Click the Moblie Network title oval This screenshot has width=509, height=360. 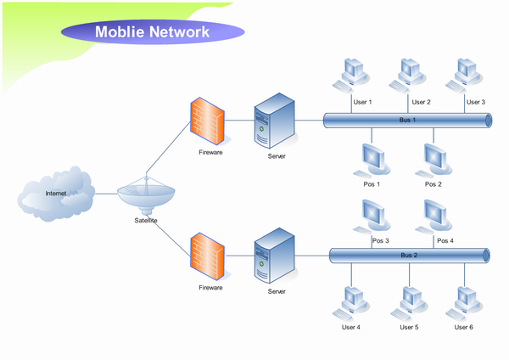click(152, 32)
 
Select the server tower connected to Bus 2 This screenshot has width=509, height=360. click(275, 256)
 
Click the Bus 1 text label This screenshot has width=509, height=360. click(408, 121)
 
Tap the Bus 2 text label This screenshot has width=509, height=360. click(409, 255)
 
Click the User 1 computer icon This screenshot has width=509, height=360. click(350, 75)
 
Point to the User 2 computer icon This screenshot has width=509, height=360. click(407, 75)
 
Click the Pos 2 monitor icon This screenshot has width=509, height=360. click(433, 160)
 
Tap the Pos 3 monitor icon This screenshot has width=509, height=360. click(372, 216)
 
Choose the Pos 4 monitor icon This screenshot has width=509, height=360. click(433, 216)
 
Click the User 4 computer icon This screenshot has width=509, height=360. click(350, 302)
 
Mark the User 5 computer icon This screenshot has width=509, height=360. click(409, 302)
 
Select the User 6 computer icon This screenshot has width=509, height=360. click(464, 302)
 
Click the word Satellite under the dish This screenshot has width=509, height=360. click(146, 221)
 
